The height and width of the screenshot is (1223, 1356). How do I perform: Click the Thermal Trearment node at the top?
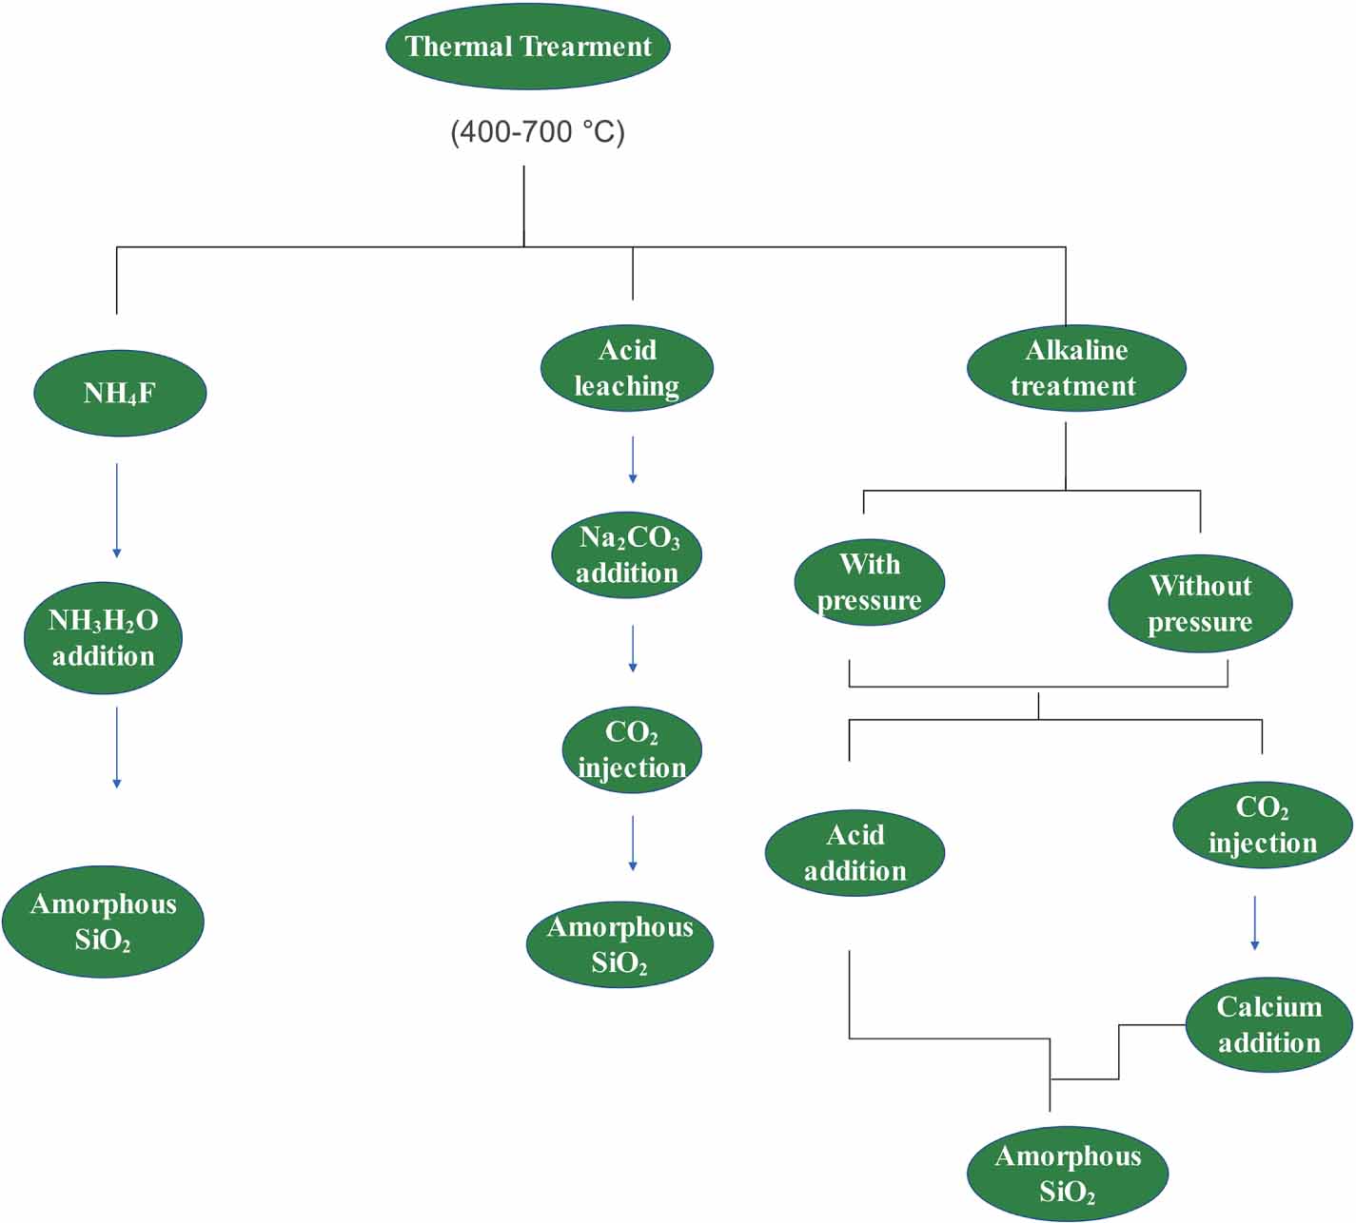527,47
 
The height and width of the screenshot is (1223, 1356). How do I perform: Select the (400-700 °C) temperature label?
538,131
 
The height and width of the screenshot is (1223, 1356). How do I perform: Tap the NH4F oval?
120,393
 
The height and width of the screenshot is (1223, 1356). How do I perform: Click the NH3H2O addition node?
103,637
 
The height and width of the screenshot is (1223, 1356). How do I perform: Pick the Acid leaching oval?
627,368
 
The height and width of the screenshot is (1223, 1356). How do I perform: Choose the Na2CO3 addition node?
627,554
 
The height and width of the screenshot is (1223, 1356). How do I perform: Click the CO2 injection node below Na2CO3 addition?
632,749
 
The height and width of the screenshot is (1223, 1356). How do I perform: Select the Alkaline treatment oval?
1076,368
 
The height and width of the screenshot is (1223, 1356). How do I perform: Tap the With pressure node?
869,582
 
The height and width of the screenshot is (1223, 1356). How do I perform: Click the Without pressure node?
1200,603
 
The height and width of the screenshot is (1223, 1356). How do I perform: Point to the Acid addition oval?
855,852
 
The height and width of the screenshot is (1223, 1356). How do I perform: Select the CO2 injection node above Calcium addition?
1262,825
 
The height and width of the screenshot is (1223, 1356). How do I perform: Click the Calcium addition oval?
1268,1024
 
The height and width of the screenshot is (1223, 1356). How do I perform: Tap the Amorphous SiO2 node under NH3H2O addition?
103,921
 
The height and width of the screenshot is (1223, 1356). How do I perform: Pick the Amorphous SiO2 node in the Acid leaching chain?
619,944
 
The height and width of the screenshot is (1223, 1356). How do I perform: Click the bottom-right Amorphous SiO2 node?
1068,1174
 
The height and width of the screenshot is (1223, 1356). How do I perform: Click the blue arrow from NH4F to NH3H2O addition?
117,511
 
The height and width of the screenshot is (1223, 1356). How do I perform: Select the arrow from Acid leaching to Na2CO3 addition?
633,460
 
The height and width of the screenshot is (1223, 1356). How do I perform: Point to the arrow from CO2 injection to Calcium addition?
1254,922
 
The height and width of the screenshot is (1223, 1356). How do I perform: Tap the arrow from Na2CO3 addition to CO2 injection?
633,649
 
